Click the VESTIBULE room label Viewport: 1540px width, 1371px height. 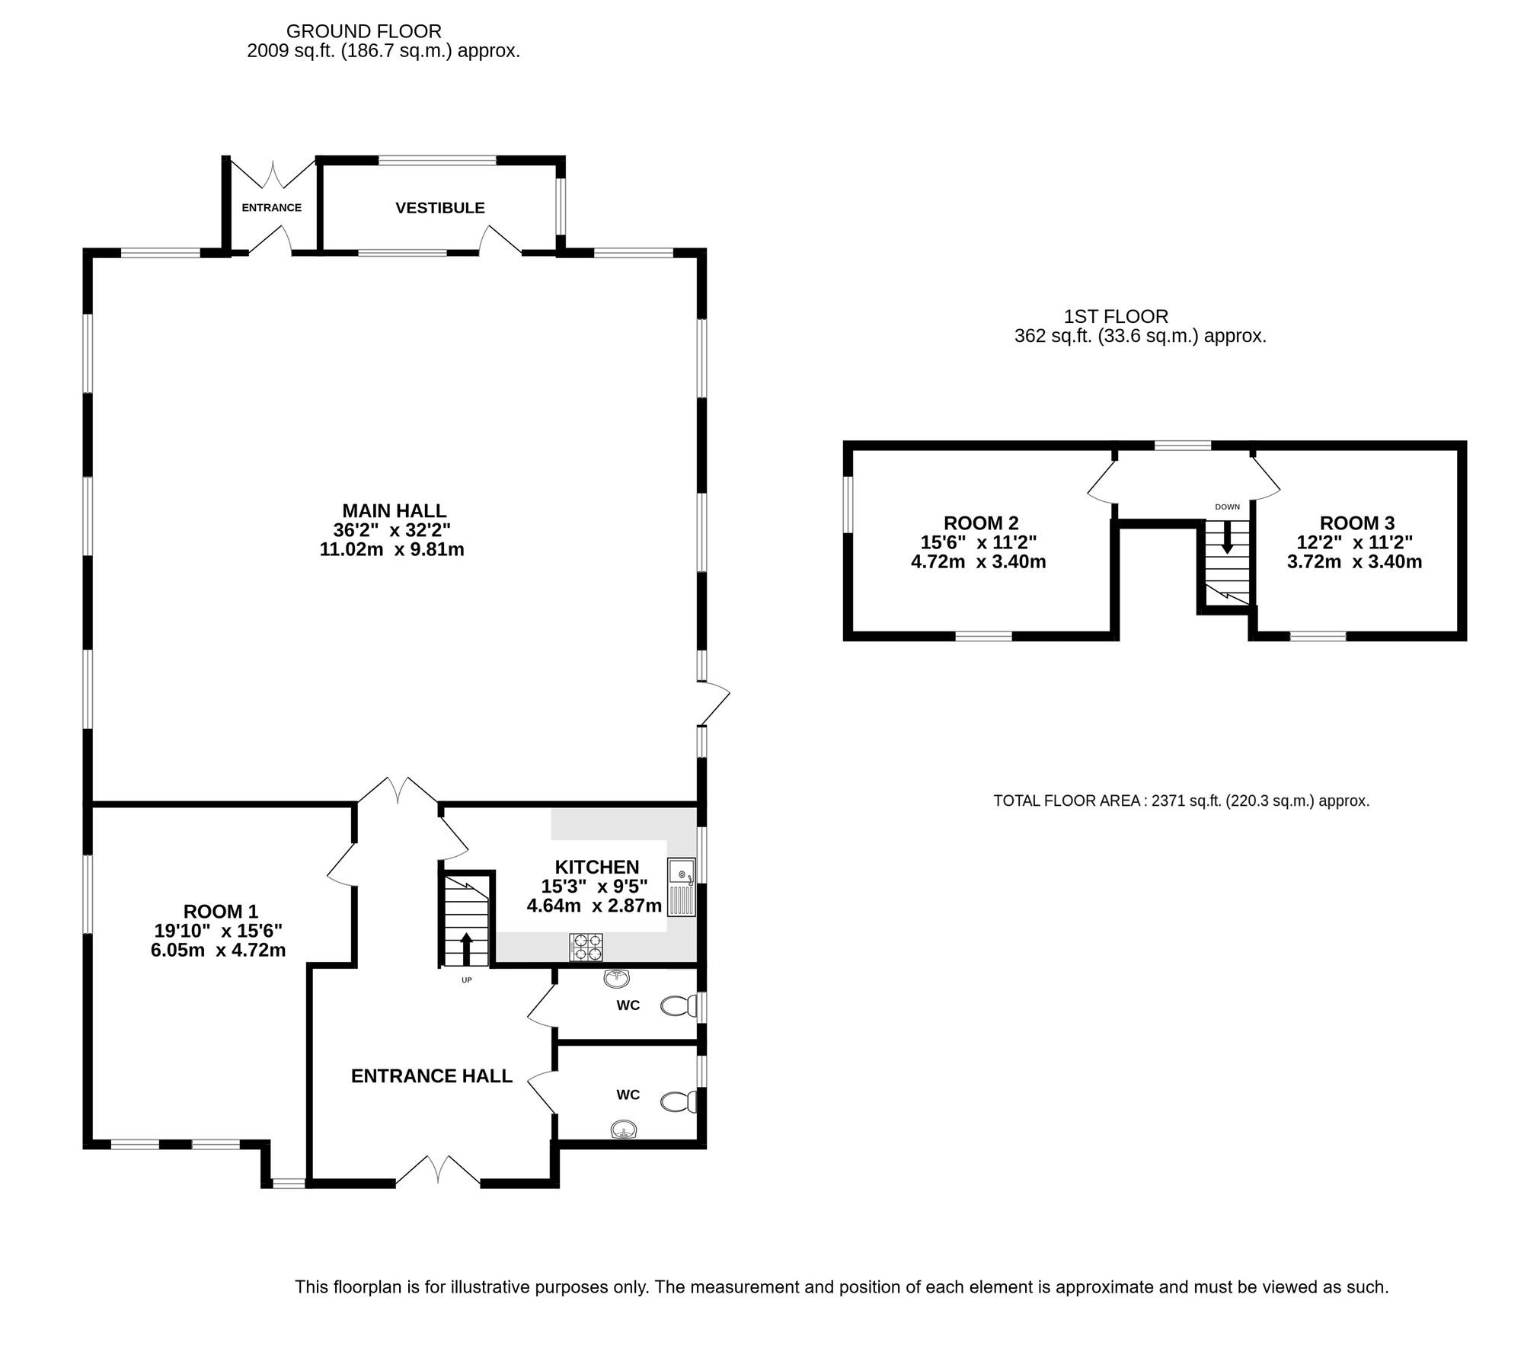coord(439,208)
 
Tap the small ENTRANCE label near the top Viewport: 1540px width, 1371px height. coord(271,208)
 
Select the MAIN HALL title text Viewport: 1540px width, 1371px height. coord(394,510)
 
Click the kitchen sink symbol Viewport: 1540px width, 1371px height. coord(681,887)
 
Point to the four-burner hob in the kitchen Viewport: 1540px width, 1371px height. coord(585,947)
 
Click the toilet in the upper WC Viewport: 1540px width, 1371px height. coord(678,1006)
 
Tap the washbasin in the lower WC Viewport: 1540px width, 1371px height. coord(624,1130)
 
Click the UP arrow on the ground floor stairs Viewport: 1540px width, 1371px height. coord(466,949)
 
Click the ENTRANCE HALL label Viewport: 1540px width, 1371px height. coord(431,1075)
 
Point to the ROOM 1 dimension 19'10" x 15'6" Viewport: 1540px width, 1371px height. coord(218,930)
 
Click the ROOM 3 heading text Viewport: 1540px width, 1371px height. coord(1356,523)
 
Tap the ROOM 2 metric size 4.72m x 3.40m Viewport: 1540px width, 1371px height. coord(978,562)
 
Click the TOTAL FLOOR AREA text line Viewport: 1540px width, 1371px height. coord(1181,801)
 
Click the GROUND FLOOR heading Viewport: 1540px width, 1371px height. coord(363,31)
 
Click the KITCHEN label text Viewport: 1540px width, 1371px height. coord(596,867)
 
